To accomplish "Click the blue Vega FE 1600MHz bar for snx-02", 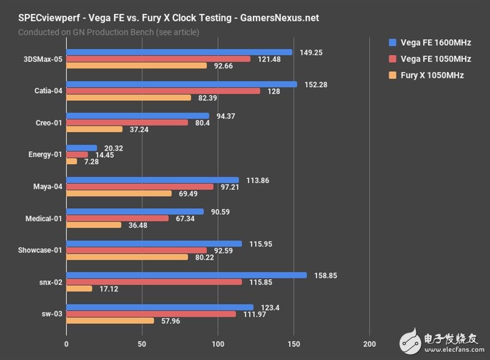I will (186, 276).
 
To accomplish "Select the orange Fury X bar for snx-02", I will (79, 288).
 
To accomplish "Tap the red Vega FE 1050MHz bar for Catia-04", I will (163, 91).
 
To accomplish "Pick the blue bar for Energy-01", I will (81, 148).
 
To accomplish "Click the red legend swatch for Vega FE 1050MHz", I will (393, 59).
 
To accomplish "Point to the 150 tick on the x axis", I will (293, 343).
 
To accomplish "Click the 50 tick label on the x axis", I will (141, 343).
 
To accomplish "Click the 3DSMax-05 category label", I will (41, 59).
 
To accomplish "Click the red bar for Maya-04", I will (140, 187).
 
